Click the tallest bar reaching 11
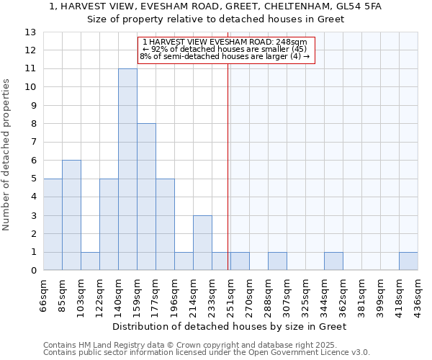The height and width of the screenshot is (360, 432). click(x=127, y=169)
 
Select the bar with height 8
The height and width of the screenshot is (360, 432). click(x=146, y=197)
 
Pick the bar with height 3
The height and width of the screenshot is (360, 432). click(x=202, y=243)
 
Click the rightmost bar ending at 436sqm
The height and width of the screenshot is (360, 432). click(x=408, y=261)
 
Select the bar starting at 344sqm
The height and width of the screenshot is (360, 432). click(x=333, y=261)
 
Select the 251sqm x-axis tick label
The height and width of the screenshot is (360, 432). click(x=231, y=294)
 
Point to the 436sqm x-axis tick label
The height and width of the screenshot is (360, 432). click(x=418, y=294)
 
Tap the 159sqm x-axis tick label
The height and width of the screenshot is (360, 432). click(x=138, y=294)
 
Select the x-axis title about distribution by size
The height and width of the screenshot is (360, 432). click(x=230, y=326)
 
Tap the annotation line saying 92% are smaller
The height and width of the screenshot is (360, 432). click(x=225, y=49)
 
